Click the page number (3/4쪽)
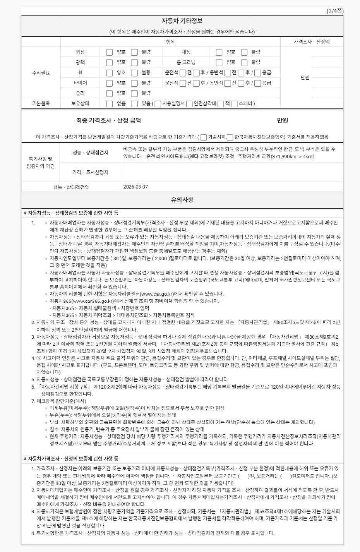(x=335, y=11)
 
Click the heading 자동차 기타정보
(x=182, y=21)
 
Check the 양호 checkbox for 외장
(x=110, y=52)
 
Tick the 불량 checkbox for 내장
(x=244, y=52)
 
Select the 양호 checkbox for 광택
(x=110, y=62)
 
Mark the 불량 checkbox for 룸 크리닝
(x=244, y=62)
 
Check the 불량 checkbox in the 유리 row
(x=134, y=93)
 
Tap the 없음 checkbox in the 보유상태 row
(x=110, y=104)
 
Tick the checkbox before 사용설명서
(x=158, y=104)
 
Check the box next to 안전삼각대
(x=189, y=104)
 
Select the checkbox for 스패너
(x=234, y=104)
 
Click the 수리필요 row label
(x=41, y=73)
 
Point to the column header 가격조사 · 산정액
(x=311, y=42)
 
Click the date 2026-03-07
(x=135, y=187)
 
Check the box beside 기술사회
(x=204, y=137)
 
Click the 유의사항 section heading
(x=182, y=200)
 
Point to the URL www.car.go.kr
(x=158, y=294)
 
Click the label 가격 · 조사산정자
(x=91, y=172)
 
